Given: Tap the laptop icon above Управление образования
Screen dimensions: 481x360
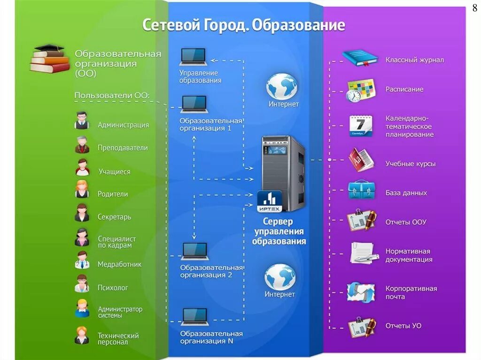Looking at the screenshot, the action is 193,57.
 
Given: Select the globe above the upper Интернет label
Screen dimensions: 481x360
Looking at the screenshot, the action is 281,86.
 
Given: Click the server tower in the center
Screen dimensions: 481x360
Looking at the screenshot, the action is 283,171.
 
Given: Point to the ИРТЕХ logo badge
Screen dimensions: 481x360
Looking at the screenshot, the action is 269,201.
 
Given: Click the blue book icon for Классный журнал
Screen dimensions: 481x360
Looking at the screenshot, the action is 360,58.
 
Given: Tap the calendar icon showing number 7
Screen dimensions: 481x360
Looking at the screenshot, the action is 361,126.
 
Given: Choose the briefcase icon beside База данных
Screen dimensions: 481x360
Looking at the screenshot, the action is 361,190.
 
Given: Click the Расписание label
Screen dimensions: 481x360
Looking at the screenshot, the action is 404,89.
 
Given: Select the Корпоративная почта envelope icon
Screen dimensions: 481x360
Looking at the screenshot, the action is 361,292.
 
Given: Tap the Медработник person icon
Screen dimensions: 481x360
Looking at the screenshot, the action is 82,260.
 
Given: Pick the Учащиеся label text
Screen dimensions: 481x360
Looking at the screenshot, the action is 114,172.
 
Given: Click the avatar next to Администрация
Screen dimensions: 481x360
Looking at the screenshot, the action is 82,121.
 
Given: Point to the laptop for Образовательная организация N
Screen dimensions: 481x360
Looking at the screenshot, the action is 195,317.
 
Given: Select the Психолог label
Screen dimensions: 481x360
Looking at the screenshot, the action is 112,288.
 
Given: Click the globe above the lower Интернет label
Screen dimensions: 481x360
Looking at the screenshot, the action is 280,277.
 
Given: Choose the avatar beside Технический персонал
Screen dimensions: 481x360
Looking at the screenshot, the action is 82,336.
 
